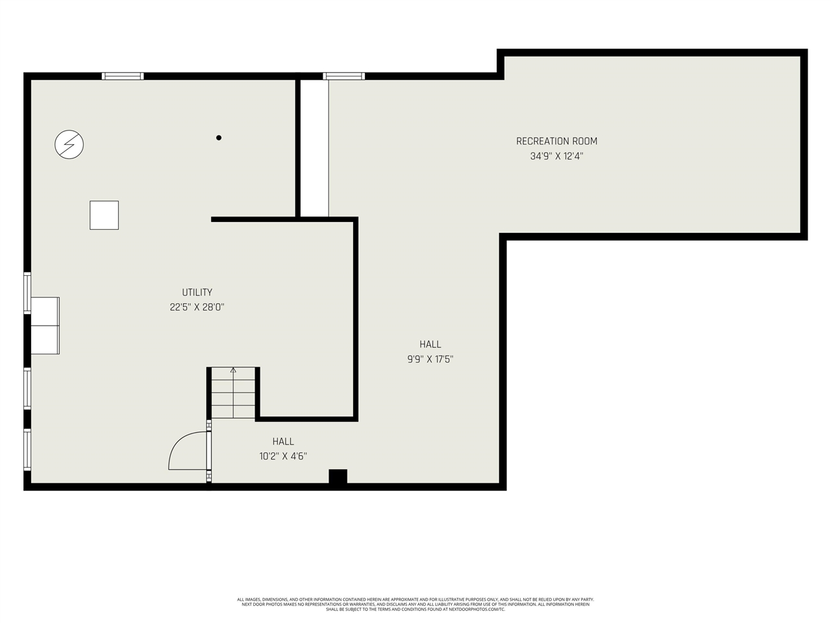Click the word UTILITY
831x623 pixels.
pos(197,292)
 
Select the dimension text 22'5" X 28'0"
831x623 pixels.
pos(197,308)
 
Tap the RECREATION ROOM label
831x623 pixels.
pos(556,141)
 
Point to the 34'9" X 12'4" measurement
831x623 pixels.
pos(556,156)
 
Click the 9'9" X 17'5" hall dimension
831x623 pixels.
pos(430,360)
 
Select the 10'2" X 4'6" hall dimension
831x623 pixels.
pos(283,456)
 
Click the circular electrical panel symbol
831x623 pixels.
pos(69,144)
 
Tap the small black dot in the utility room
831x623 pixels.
pos(219,138)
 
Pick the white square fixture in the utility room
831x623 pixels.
pos(104,215)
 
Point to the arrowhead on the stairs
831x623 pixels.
pos(233,370)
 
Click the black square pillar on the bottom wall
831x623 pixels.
pos(338,477)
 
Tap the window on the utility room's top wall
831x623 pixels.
pos(123,76)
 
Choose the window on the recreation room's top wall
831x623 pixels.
pos(344,76)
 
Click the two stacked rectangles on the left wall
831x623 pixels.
pos(45,326)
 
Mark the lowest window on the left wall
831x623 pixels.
pos(27,450)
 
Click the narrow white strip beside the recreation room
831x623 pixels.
pos(314,148)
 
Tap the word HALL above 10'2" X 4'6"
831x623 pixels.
pos(283,441)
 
